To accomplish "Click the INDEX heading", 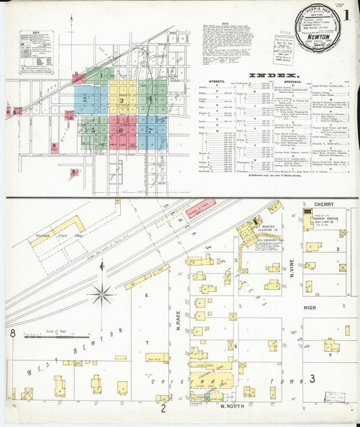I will pyautogui.click(x=274, y=75).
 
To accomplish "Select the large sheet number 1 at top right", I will pyautogui.click(x=346, y=15).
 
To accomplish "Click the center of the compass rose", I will pyautogui.click(x=102, y=293).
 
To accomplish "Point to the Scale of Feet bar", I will pyautogui.click(x=61, y=335).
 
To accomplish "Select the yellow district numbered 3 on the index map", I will pyautogui.click(x=122, y=101).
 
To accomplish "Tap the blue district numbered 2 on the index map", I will pyautogui.click(x=86, y=99).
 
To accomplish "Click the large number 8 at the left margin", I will pyautogui.click(x=12, y=333).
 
